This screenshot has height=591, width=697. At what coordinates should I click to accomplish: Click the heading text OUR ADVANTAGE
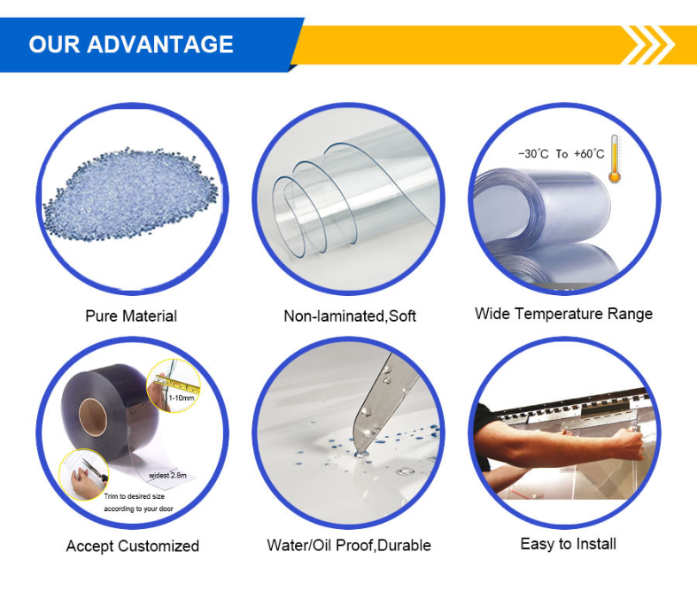[131, 44]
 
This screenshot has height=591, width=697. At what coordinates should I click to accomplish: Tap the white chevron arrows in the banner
[650, 44]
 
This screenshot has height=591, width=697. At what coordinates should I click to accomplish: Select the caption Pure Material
[131, 316]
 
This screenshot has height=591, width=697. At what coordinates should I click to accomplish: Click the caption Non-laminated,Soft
[349, 316]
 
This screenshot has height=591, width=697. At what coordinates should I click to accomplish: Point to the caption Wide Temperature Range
[563, 314]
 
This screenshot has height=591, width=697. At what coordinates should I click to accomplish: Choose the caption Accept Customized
[132, 546]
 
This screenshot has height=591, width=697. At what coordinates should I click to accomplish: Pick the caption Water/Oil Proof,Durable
[349, 546]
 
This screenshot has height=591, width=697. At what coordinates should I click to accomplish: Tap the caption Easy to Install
[568, 543]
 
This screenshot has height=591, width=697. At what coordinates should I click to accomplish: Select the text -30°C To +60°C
[561, 154]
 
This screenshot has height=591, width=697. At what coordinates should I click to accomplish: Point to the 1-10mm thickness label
[182, 400]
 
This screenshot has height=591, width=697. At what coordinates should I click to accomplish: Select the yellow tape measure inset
[174, 386]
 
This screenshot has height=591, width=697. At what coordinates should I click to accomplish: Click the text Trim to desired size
[134, 496]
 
